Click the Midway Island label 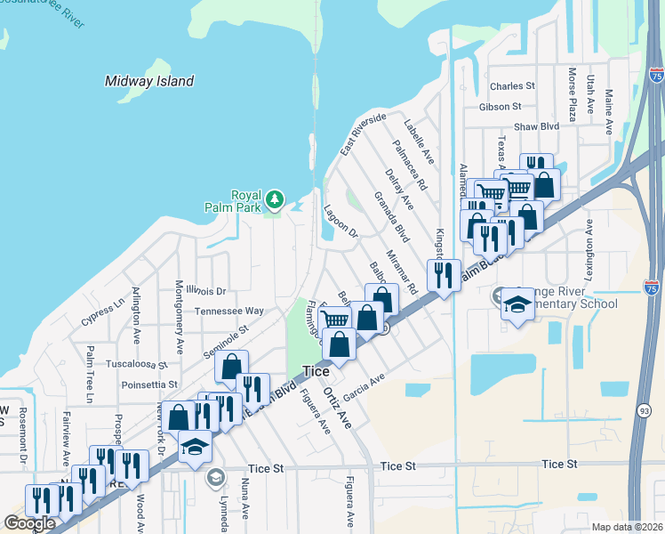click(149, 81)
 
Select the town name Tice click(316, 371)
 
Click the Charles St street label click(512, 86)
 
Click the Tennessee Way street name click(229, 311)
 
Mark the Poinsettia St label click(149, 384)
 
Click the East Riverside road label click(363, 134)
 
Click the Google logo click(29, 523)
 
